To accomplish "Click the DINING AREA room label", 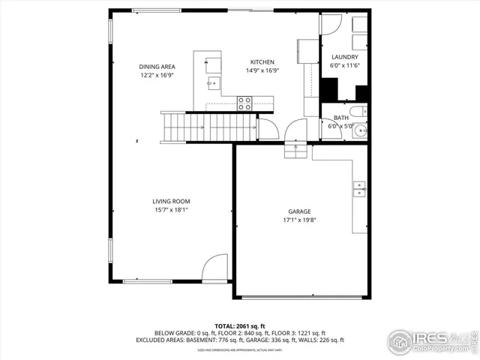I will [x=157, y=66].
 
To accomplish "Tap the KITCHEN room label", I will [x=262, y=62].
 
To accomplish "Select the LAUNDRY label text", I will [x=344, y=57].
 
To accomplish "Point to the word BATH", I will [x=340, y=118].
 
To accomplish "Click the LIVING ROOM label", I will [x=171, y=201].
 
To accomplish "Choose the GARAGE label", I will [x=299, y=211].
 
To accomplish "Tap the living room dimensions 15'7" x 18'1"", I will [x=171, y=210].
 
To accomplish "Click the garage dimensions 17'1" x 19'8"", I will [x=299, y=220].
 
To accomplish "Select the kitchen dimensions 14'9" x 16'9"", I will [x=262, y=71].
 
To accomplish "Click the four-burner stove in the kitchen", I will [x=244, y=103].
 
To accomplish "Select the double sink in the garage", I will [x=360, y=190].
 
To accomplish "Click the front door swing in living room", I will [x=215, y=267].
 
